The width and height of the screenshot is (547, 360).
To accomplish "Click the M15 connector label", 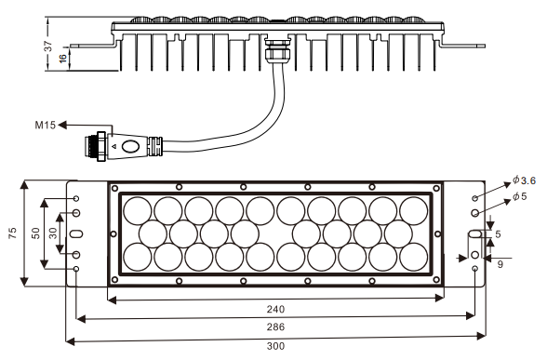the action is [45, 125].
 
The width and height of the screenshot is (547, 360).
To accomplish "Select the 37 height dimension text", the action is [48, 46].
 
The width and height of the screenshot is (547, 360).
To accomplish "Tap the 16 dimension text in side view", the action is [63, 58].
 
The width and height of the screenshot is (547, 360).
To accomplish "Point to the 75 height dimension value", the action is [13, 233].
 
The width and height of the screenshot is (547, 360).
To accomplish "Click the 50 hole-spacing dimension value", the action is [36, 233].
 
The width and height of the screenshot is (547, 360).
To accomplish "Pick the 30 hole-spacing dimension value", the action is [53, 233].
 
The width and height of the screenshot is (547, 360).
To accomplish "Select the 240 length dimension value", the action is [275, 310].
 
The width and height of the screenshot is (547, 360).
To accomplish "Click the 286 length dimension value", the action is [275, 327].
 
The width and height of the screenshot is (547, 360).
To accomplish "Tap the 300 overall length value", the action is [275, 346].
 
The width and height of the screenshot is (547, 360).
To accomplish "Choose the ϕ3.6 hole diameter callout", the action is [524, 180].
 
